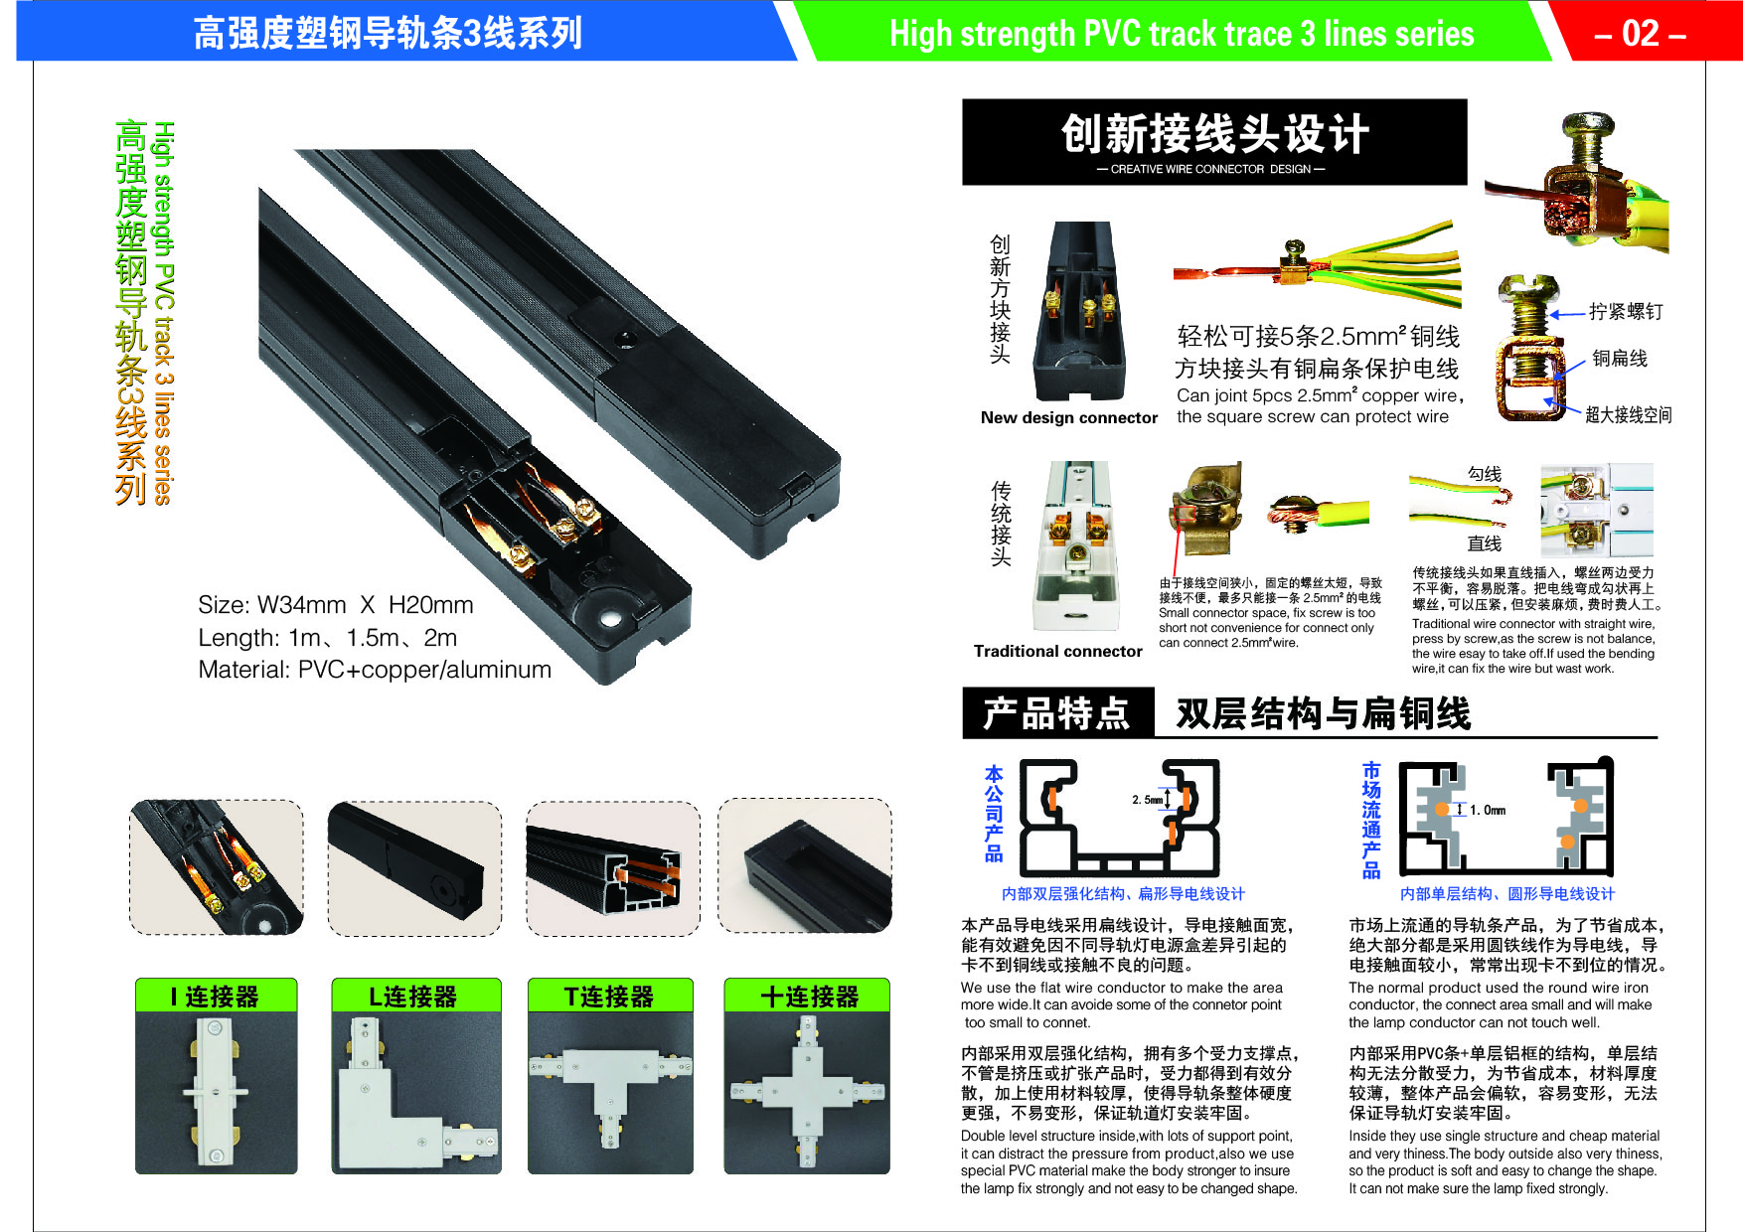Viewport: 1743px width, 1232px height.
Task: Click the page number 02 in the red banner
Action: pos(1641,34)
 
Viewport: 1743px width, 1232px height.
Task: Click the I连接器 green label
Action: pos(216,996)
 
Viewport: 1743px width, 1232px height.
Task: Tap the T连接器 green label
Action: pos(609,996)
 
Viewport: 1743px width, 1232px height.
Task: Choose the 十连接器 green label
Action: pos(808,996)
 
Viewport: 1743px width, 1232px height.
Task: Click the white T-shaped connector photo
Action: pos(610,1093)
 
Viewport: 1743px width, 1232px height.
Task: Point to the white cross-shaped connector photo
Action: pos(807,1093)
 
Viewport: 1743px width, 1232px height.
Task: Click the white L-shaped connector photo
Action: pos(416,1093)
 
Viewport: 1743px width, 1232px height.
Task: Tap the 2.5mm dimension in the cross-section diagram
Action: pos(1148,800)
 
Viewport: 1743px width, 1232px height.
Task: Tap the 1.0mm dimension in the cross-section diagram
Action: pos(1488,811)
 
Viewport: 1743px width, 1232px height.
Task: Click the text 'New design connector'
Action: pos(1069,418)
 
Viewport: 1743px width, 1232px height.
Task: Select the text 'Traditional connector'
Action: pos(1058,652)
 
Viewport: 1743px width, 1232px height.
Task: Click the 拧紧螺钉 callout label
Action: pos(1626,312)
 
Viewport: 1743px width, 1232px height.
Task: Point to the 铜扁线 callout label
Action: pos(1620,359)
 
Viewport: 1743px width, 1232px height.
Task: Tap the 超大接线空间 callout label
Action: pos(1629,415)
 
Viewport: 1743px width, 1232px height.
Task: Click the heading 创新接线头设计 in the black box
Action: pos(1215,134)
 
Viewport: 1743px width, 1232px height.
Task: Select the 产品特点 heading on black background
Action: pos(1057,713)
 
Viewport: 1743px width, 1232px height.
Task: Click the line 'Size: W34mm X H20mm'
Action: pos(336,605)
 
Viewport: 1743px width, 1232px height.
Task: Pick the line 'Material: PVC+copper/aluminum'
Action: pos(375,670)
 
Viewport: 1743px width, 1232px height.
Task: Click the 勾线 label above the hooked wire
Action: pos(1485,474)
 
